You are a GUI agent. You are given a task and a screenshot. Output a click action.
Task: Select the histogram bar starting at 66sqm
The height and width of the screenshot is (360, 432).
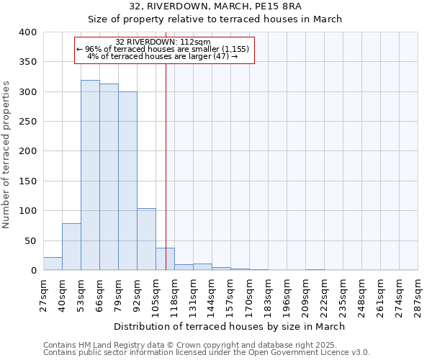coord(109,177)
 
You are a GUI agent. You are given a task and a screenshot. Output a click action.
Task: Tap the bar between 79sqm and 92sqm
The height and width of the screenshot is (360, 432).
coord(127,181)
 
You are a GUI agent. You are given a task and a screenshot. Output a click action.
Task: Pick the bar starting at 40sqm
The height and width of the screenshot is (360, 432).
coord(71,247)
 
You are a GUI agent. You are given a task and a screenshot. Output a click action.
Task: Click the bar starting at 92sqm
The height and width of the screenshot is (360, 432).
coord(146,239)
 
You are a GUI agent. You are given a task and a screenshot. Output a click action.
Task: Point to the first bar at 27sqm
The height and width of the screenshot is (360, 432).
coord(53,264)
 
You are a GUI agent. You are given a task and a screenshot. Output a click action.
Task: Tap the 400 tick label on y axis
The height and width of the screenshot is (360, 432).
coord(27,32)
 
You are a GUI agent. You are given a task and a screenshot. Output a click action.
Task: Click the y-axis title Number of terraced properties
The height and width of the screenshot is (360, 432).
coord(7,155)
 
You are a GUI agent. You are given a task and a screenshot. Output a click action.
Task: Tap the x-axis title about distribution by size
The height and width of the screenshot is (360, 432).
coord(230,326)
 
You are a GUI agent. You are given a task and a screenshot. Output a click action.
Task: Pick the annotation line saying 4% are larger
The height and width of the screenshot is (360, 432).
coord(163,55)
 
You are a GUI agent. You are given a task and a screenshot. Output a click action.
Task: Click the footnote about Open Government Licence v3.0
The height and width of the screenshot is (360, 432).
coord(207,353)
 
